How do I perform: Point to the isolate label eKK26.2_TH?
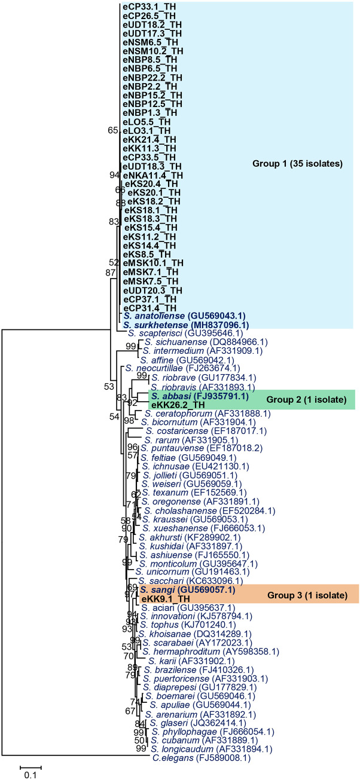[x=178, y=405]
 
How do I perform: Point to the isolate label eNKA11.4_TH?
[x=152, y=175]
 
